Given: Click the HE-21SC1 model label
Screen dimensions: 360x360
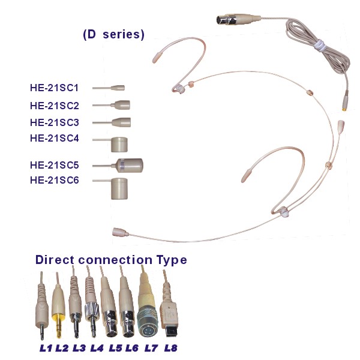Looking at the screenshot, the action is [55, 88].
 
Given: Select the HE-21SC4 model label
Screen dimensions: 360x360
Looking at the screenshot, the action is [55, 138].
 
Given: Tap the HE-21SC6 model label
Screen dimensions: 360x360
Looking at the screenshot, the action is [55, 180].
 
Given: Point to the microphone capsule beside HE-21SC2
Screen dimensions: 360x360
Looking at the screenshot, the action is [121, 105].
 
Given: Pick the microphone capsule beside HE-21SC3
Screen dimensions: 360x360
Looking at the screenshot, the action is [121, 122].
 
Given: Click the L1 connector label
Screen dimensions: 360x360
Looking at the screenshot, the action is [46, 348].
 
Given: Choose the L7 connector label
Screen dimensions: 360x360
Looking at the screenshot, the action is [151, 348].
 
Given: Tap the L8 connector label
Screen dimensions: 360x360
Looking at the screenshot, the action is [171, 348].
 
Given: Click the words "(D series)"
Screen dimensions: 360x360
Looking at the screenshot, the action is [113, 34].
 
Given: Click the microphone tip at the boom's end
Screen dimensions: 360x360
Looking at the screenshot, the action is [120, 232].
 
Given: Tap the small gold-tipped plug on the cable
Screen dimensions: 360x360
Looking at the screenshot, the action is [345, 102].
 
